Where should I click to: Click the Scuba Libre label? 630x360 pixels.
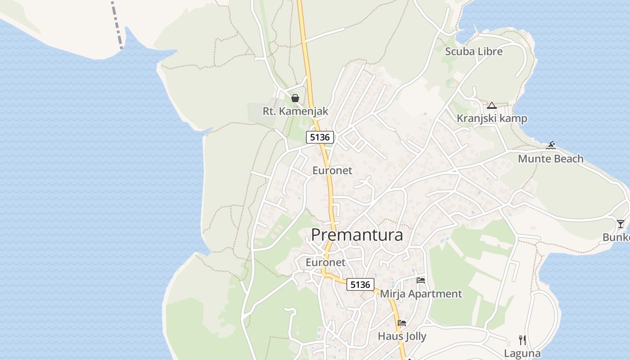pyautogui.click(x=473, y=51)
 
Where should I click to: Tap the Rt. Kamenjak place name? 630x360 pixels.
pyautogui.click(x=295, y=111)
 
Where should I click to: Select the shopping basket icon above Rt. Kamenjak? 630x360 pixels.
pyautogui.click(x=295, y=98)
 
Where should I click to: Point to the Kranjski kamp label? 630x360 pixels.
pyautogui.click(x=492, y=118)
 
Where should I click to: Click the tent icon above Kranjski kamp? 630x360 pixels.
pyautogui.click(x=491, y=106)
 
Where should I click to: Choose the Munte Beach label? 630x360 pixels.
pyautogui.click(x=550, y=158)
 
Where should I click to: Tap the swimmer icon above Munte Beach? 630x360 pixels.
pyautogui.click(x=551, y=145)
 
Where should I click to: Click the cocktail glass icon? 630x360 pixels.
pyautogui.click(x=621, y=224)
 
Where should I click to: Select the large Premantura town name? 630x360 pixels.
pyautogui.click(x=357, y=234)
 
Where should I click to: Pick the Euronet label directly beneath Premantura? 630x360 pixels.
pyautogui.click(x=325, y=262)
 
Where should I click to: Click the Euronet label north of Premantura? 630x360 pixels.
pyautogui.click(x=332, y=171)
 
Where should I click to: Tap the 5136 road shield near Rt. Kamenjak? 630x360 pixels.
pyautogui.click(x=320, y=137)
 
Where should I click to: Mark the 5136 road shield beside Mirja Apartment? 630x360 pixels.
pyautogui.click(x=360, y=284)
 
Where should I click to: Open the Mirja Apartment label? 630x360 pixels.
pyautogui.click(x=421, y=294)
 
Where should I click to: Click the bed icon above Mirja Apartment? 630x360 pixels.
pyautogui.click(x=421, y=280)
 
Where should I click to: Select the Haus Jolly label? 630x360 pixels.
pyautogui.click(x=402, y=336)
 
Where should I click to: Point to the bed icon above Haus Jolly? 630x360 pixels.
pyautogui.click(x=402, y=323)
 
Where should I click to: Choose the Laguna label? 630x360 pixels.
pyautogui.click(x=522, y=353)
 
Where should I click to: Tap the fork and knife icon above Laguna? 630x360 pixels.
pyautogui.click(x=522, y=340)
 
